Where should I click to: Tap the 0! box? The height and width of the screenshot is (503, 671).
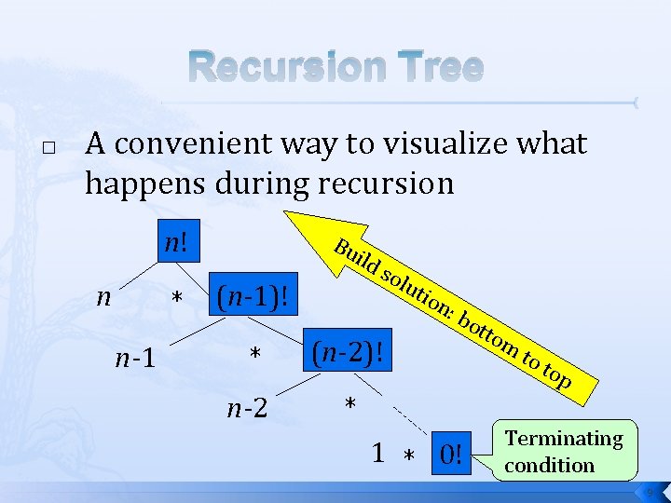pyautogui.click(x=451, y=455)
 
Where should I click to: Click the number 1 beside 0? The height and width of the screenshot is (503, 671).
pyautogui.click(x=377, y=453)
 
